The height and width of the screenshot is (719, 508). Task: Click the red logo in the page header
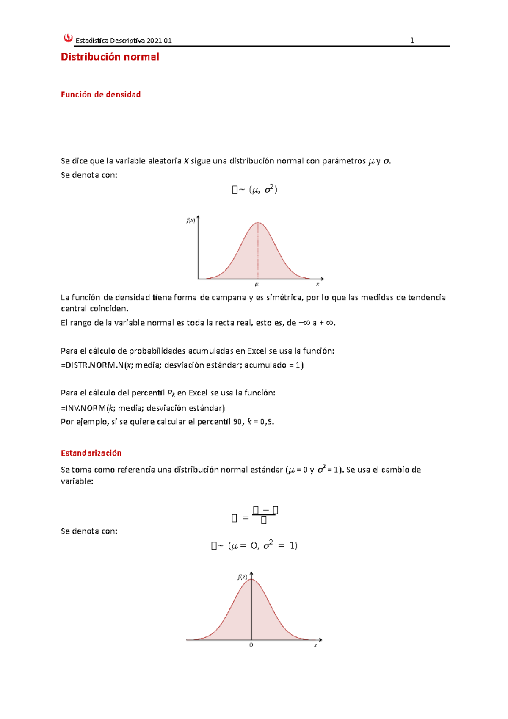click(68, 39)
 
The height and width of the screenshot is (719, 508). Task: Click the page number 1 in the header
click(412, 41)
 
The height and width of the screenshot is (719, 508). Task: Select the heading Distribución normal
click(110, 57)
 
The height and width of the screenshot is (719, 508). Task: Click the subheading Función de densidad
click(100, 94)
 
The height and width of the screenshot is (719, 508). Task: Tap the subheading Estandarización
click(91, 453)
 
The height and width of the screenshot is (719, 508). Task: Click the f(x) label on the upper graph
click(191, 220)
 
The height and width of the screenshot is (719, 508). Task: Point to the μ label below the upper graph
click(257, 285)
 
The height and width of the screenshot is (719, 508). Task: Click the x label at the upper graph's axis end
click(317, 285)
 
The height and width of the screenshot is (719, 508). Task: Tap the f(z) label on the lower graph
click(242, 577)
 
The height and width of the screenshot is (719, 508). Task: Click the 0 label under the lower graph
click(251, 645)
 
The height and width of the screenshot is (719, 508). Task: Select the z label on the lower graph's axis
click(315, 645)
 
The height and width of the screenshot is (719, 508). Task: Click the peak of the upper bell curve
click(258, 222)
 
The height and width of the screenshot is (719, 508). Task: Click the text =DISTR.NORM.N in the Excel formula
click(92, 365)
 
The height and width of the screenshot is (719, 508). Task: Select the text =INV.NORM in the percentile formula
click(83, 408)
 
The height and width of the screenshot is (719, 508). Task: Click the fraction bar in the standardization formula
click(264, 514)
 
